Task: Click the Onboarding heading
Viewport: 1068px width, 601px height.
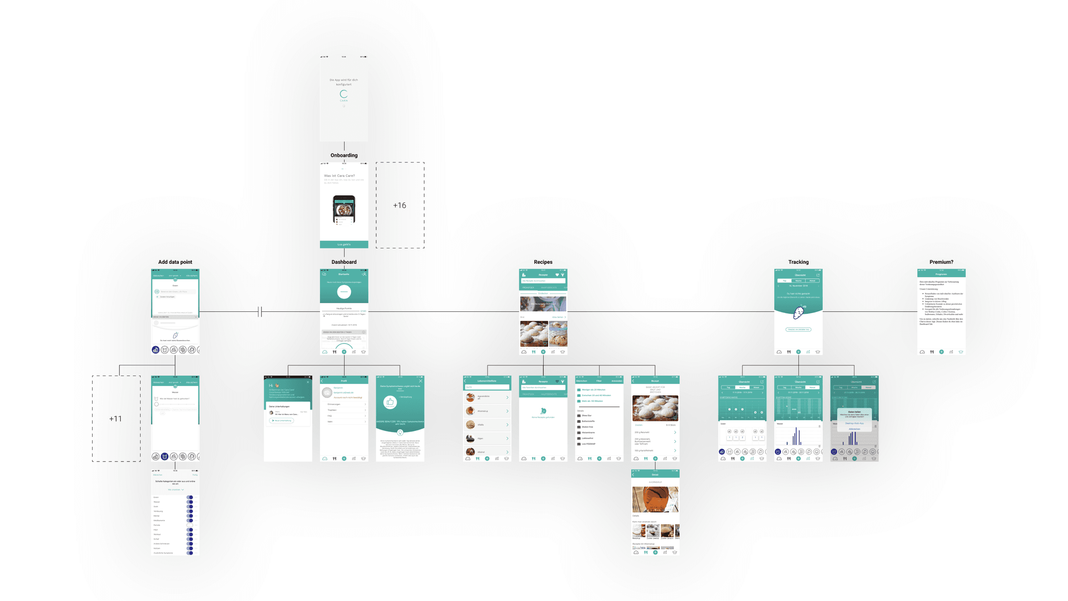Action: pyautogui.click(x=344, y=155)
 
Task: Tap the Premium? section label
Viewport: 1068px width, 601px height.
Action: pyautogui.click(x=941, y=262)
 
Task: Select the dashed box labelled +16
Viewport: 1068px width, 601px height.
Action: pyautogui.click(x=400, y=205)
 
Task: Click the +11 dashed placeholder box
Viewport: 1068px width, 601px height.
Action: pyautogui.click(x=116, y=419)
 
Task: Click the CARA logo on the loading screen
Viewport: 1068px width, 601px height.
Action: pyautogui.click(x=344, y=95)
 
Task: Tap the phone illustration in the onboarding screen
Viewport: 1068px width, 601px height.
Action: pyautogui.click(x=344, y=210)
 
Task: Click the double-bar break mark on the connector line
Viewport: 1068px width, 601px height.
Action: pyautogui.click(x=260, y=311)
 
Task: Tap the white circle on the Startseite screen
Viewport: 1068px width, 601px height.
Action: pyautogui.click(x=344, y=292)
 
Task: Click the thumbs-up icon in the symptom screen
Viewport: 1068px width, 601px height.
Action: pyautogui.click(x=390, y=402)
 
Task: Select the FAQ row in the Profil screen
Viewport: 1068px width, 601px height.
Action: pyautogui.click(x=344, y=416)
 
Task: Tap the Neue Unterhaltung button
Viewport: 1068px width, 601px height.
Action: pyautogui.click(x=282, y=421)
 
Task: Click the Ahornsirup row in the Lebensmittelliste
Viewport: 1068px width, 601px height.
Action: pyautogui.click(x=487, y=411)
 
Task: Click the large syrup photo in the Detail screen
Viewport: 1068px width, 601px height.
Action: pyautogui.click(x=655, y=499)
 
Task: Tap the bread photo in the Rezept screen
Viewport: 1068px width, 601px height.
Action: pyautogui.click(x=655, y=408)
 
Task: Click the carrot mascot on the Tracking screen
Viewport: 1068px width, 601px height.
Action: pyautogui.click(x=798, y=312)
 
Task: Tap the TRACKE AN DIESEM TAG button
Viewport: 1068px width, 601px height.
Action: pyautogui.click(x=798, y=330)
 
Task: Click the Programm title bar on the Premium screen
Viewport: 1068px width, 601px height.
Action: pyautogui.click(x=941, y=274)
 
